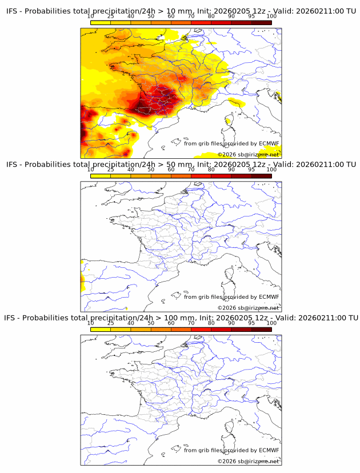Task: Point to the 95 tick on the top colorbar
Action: tap(251, 17)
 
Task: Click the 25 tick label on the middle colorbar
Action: tap(110, 170)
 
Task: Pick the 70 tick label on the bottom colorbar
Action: tap(191, 323)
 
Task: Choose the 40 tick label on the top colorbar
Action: tap(131, 17)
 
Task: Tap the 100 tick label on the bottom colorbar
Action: tap(271, 323)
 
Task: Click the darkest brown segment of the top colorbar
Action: tap(261, 22)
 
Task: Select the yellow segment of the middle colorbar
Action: tap(100, 175)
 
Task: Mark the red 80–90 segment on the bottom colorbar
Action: tap(221, 328)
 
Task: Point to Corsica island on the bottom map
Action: tap(228, 429)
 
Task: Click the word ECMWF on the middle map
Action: tap(269, 297)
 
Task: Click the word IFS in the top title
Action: tap(12, 11)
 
